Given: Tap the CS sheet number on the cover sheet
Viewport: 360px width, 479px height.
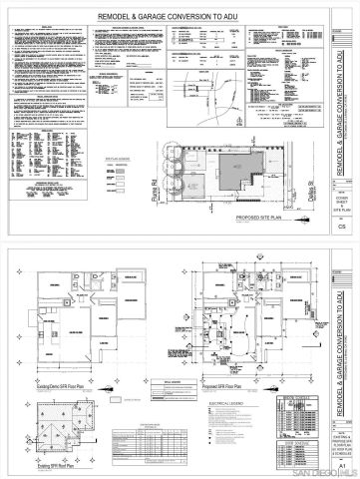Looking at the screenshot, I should [342, 228].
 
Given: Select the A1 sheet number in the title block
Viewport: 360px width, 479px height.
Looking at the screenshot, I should [342, 464].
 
